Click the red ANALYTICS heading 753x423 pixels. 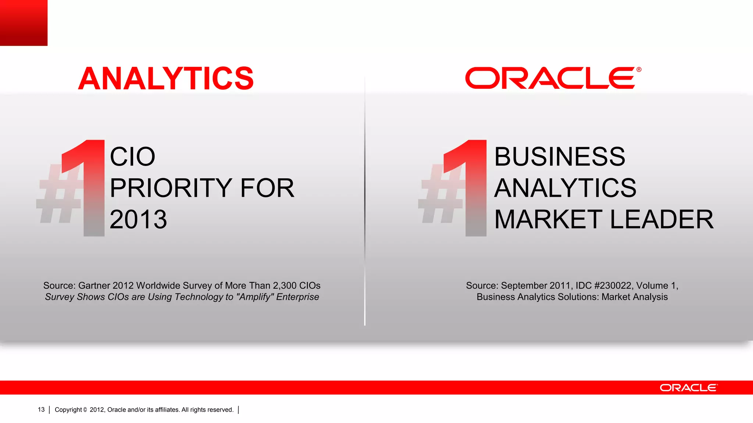(166, 79)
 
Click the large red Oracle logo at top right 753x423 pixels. (553, 78)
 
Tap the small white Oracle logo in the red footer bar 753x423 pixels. (688, 388)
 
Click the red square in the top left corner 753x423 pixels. (24, 23)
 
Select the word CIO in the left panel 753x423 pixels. (132, 157)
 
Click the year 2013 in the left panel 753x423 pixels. (138, 220)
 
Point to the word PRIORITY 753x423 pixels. (171, 188)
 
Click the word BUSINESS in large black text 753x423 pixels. (559, 157)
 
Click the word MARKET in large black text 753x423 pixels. (548, 220)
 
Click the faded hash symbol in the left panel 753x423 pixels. (59, 195)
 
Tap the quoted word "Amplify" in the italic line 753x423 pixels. (255, 297)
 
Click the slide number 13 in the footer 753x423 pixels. (41, 410)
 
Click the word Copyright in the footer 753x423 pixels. (68, 410)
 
